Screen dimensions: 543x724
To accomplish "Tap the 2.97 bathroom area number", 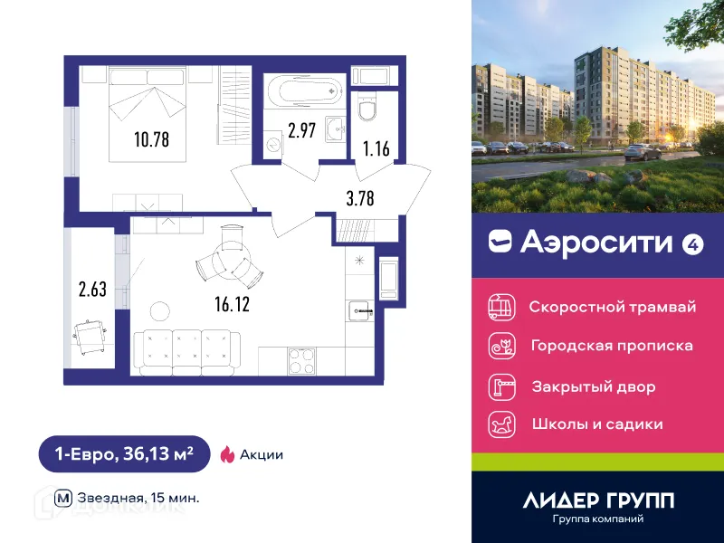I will (x=300, y=130).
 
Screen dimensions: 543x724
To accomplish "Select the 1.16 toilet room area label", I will (x=376, y=149).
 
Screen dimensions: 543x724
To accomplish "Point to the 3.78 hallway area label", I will (x=359, y=196).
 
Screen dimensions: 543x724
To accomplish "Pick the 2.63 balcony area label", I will (x=92, y=291).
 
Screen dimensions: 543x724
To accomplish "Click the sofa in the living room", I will (x=186, y=348).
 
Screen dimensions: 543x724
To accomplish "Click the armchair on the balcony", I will (x=90, y=338).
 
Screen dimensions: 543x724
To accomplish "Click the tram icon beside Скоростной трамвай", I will (x=500, y=306).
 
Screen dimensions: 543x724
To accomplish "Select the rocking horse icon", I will (x=500, y=424).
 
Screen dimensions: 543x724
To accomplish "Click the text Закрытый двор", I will (x=593, y=386).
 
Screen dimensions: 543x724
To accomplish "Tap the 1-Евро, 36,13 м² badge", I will (x=123, y=454).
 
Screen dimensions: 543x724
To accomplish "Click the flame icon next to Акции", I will (x=227, y=454).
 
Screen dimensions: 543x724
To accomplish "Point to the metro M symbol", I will (x=62, y=497).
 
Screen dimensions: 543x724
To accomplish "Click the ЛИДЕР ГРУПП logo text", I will (x=598, y=500).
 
